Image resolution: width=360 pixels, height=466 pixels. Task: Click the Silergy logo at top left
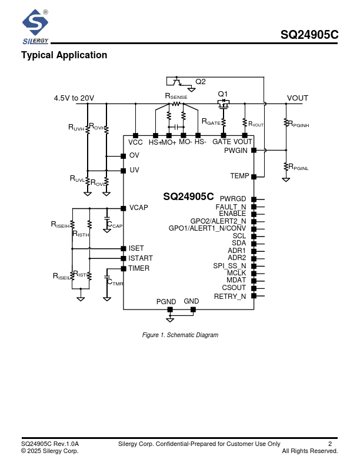tap(35, 26)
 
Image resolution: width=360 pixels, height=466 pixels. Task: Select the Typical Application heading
tap(64, 55)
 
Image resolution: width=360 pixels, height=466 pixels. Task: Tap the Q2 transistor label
tap(201, 81)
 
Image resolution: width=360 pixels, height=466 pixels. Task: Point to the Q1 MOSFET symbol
tap(223, 104)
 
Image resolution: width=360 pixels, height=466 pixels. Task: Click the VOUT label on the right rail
tap(298, 98)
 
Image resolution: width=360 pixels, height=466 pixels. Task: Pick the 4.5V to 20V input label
tap(74, 98)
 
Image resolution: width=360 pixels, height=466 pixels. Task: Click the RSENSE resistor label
tap(176, 96)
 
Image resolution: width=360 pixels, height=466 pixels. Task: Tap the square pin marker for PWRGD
tap(254, 199)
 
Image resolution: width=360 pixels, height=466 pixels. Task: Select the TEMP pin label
tap(239, 176)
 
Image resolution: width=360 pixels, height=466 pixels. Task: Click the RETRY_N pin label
tap(230, 296)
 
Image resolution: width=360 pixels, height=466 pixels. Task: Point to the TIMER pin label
tap(139, 268)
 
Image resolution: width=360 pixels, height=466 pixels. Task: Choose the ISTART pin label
tap(141, 258)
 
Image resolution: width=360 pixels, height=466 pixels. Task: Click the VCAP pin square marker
tap(123, 208)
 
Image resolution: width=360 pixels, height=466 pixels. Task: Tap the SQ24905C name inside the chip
tap(188, 197)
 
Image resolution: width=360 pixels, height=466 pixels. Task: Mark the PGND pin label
tap(166, 301)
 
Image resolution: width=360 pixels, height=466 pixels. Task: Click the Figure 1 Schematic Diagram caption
tap(180, 335)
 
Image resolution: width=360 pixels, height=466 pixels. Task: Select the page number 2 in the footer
tap(330, 444)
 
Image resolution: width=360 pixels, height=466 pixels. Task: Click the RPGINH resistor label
tap(299, 125)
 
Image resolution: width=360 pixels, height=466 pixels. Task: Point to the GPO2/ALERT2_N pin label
tap(218, 221)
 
